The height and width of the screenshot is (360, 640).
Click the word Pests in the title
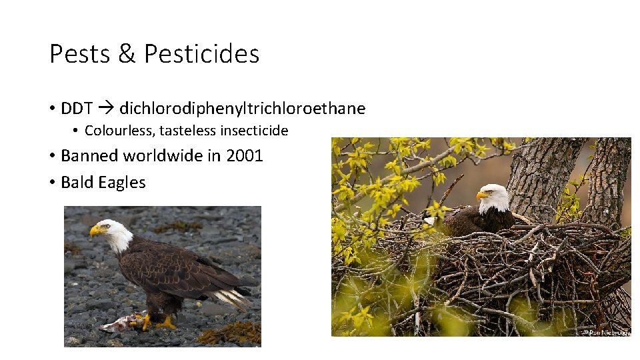tap(79, 54)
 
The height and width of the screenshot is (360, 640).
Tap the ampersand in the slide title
tap(126, 54)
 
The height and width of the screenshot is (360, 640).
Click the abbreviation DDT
tap(77, 109)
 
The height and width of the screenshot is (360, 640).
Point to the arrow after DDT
tap(106, 109)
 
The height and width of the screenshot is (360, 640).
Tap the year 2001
tap(245, 156)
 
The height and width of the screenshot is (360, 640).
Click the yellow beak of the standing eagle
tap(96, 231)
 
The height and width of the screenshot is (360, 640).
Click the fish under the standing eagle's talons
tap(120, 325)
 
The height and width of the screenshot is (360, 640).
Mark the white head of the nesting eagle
tap(495, 197)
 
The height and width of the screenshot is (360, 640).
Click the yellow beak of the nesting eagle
tap(481, 195)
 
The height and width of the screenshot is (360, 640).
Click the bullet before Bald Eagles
tap(51, 183)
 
